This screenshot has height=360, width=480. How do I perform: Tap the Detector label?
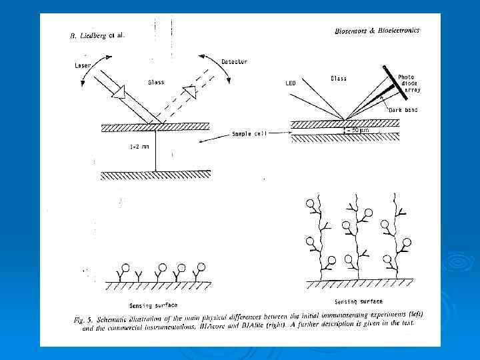(234, 62)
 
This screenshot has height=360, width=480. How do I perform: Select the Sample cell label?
(249, 134)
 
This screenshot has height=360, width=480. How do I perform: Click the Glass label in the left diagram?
(157, 83)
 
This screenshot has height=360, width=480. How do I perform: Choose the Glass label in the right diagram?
(339, 79)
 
